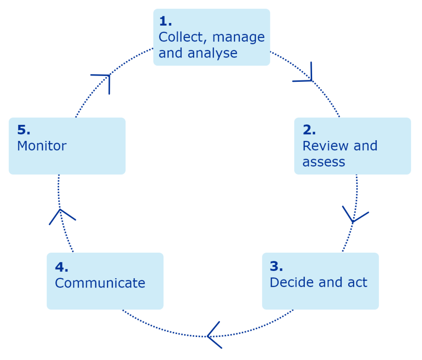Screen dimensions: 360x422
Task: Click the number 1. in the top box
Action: click(x=165, y=21)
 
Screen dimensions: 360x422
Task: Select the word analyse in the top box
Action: click(x=216, y=53)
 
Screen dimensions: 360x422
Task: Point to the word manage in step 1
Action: click(x=238, y=37)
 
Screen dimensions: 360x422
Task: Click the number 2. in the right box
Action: click(x=309, y=130)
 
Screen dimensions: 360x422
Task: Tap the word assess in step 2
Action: click(x=324, y=162)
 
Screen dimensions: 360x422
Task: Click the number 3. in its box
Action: click(x=276, y=266)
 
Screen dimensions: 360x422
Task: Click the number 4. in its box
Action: click(x=62, y=267)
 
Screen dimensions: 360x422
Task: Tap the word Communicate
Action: click(x=100, y=283)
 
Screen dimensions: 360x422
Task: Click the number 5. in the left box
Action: click(x=24, y=130)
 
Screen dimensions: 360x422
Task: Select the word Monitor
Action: click(x=42, y=146)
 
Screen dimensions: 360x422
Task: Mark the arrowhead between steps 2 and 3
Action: click(x=354, y=216)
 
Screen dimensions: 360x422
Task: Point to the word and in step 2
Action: click(x=365, y=146)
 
